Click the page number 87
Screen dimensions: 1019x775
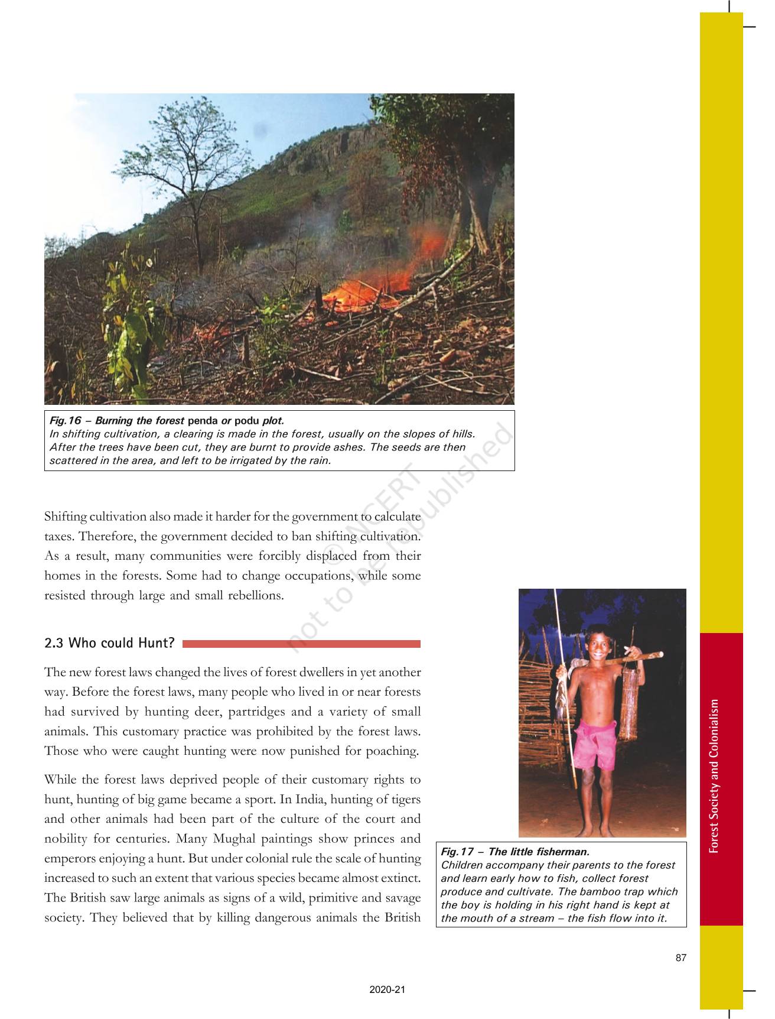[681, 958]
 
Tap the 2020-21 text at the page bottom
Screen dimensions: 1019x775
[387, 991]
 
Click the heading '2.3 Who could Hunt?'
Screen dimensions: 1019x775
[110, 643]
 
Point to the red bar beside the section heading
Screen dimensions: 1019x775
[301, 644]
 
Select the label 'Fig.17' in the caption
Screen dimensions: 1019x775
[457, 852]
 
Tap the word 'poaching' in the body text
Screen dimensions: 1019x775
[397, 751]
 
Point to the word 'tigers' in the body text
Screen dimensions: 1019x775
[404, 799]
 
